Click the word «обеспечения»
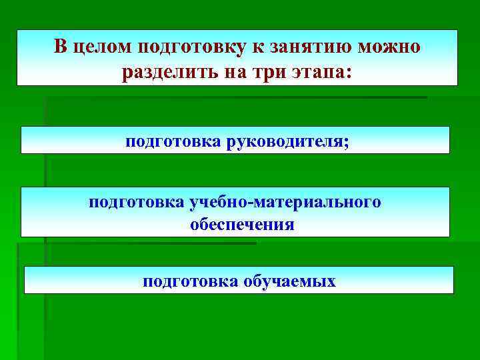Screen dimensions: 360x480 click(242, 225)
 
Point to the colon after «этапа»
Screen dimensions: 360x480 click(345, 73)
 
